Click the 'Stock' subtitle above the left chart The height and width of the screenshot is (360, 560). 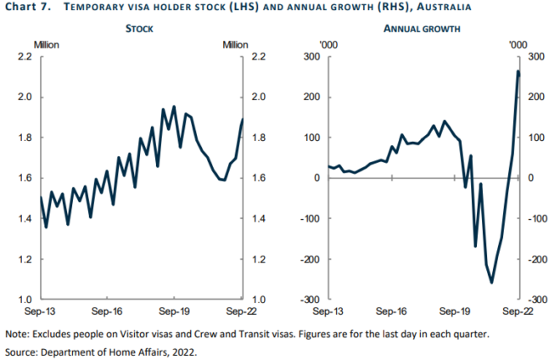[x=140, y=28]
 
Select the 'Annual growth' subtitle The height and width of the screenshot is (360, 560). [x=422, y=28]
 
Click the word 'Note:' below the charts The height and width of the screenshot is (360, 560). [x=20, y=333]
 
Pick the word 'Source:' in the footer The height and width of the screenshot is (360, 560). [x=25, y=351]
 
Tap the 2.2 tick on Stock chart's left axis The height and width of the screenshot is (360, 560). [x=25, y=57]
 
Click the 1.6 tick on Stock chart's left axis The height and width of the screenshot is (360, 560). [x=25, y=178]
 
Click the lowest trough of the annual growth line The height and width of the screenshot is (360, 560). [x=492, y=282]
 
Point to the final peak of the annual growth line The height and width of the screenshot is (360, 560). [x=518, y=71]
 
